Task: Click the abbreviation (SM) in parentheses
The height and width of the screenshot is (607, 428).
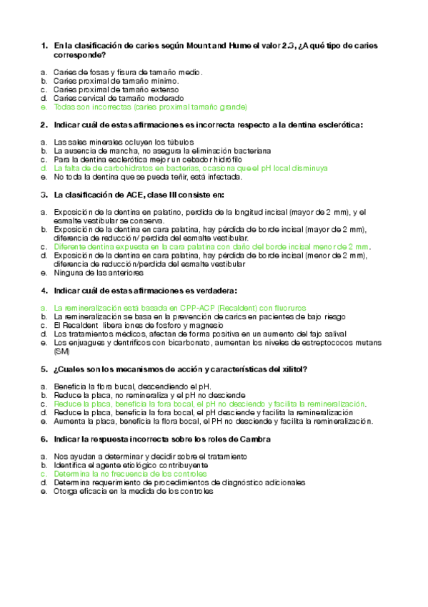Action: point(62,351)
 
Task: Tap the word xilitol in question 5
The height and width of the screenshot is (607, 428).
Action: point(292,369)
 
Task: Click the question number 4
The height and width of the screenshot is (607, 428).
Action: point(44,290)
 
